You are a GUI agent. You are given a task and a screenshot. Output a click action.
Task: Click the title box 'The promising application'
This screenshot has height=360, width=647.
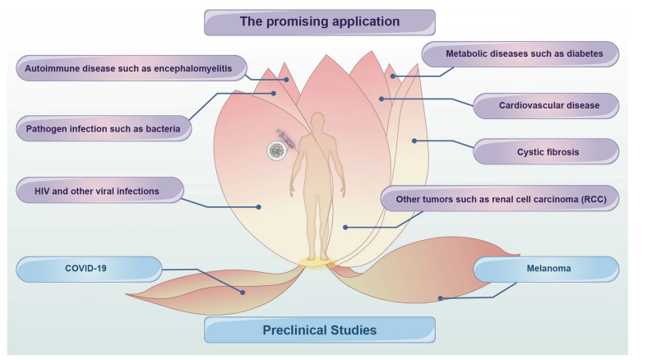tap(319, 21)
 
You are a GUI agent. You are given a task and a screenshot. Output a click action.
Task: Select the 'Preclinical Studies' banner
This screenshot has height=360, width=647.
tap(319, 330)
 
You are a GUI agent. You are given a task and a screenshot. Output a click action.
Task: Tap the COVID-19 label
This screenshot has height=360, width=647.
tap(88, 269)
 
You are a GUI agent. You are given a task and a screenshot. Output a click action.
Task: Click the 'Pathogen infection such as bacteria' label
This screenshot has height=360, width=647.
tap(104, 128)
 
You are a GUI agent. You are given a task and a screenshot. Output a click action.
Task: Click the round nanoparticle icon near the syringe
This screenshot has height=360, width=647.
tap(278, 150)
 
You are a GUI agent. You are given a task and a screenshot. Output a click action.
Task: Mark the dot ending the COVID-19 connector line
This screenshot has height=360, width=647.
tap(243, 291)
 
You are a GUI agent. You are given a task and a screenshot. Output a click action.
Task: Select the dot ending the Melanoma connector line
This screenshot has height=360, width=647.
tap(441, 298)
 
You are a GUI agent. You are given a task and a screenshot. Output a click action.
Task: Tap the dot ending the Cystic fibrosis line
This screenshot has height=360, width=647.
tap(415, 141)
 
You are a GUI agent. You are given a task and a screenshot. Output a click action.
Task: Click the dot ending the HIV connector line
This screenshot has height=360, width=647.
tap(259, 207)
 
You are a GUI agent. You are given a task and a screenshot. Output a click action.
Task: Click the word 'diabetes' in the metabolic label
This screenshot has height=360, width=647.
tap(580, 55)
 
